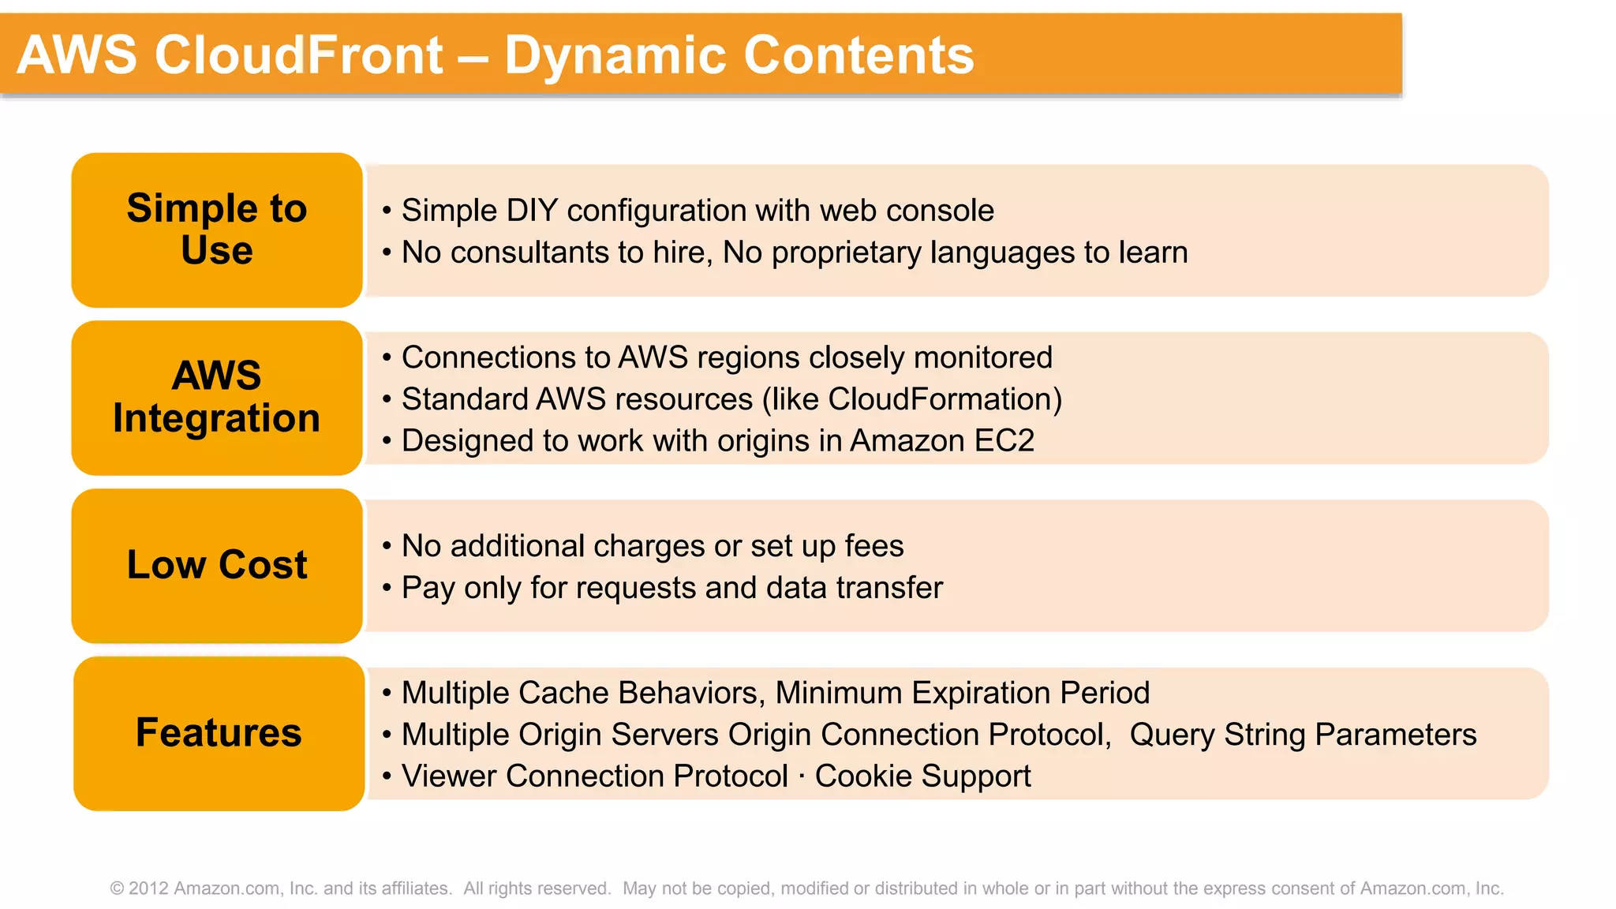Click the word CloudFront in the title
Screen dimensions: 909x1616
298,55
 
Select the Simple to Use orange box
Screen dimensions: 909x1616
217,230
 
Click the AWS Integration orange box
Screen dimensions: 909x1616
217,397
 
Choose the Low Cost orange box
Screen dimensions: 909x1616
217,565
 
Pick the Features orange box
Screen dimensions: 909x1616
219,733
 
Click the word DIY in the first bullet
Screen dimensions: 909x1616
531,211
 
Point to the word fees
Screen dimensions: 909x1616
873,546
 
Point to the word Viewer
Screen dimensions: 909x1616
448,776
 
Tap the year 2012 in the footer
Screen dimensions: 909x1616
148,888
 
